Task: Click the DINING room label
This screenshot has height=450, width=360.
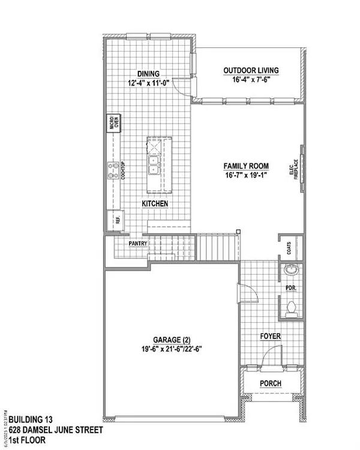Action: click(x=147, y=74)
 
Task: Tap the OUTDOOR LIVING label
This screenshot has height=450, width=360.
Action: click(x=251, y=70)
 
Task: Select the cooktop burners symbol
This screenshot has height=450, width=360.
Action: click(x=112, y=171)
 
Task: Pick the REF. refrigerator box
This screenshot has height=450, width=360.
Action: click(x=114, y=220)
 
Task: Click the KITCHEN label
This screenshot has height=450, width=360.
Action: click(x=154, y=205)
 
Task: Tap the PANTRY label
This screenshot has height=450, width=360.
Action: click(x=137, y=245)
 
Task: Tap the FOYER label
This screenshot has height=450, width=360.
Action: click(x=270, y=337)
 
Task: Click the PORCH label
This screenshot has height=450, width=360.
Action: click(x=270, y=383)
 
